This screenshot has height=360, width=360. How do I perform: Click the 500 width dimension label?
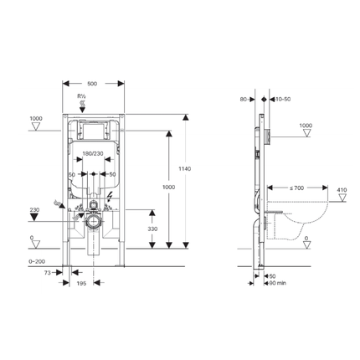point(93,84)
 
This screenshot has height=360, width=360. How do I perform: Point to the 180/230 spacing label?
point(93,153)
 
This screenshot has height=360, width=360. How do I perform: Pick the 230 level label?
point(34,210)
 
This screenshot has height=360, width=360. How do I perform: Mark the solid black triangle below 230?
point(34,219)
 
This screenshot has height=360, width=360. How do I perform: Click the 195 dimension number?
point(81,284)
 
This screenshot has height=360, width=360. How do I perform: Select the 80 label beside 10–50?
point(244,100)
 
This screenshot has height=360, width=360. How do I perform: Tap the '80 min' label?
point(277,282)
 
